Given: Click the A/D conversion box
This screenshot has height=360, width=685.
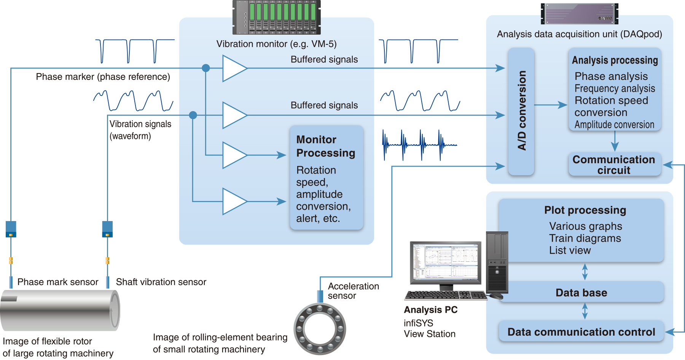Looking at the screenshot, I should click(x=521, y=111).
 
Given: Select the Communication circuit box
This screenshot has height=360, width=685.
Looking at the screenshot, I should click(x=614, y=165).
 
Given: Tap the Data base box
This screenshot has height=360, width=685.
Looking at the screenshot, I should click(x=581, y=293).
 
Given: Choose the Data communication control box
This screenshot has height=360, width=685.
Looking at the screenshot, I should click(x=581, y=332).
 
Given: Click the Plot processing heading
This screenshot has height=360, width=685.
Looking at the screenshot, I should click(x=585, y=210).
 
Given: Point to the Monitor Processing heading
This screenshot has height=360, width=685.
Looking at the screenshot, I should click(x=325, y=146).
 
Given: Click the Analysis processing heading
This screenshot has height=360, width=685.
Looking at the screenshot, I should click(x=615, y=60).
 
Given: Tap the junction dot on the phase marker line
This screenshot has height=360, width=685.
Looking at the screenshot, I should click(x=206, y=68).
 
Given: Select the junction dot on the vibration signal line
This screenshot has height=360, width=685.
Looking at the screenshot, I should click(x=193, y=115).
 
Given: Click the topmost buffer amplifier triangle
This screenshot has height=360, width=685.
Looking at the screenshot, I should click(x=234, y=68).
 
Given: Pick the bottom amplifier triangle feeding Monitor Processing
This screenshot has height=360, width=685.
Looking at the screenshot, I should click(x=234, y=201).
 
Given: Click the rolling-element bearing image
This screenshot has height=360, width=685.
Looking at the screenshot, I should click(x=320, y=329).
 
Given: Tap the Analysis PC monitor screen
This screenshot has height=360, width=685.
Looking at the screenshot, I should click(x=445, y=262).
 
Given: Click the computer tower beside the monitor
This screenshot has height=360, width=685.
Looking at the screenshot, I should click(x=497, y=263).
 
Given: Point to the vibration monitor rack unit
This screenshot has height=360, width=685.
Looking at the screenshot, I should click(x=277, y=17).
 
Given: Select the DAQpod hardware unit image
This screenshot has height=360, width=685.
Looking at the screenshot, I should click(x=579, y=14).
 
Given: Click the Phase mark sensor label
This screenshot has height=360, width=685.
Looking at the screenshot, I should click(x=58, y=282).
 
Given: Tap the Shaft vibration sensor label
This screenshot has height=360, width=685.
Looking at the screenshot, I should click(x=161, y=282).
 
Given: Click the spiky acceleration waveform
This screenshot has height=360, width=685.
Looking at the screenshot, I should click(x=419, y=145).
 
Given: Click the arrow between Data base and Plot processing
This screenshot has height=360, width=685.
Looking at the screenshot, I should click(x=585, y=272).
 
